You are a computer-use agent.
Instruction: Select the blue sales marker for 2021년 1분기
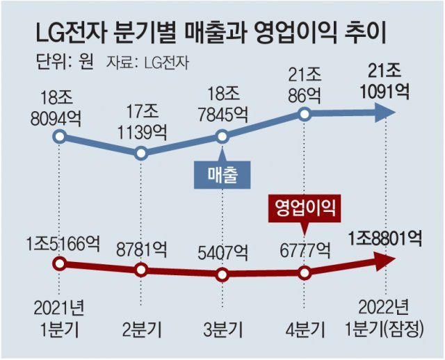[60, 136]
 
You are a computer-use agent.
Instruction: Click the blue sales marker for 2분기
[141, 153]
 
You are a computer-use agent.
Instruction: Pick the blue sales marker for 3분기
[222, 136]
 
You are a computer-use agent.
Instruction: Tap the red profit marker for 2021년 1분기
[60, 263]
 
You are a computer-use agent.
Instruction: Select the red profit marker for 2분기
[141, 270]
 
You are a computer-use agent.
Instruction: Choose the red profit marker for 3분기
[222, 275]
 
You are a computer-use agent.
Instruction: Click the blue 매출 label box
[222, 177]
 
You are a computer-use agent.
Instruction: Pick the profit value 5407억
[222, 247]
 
